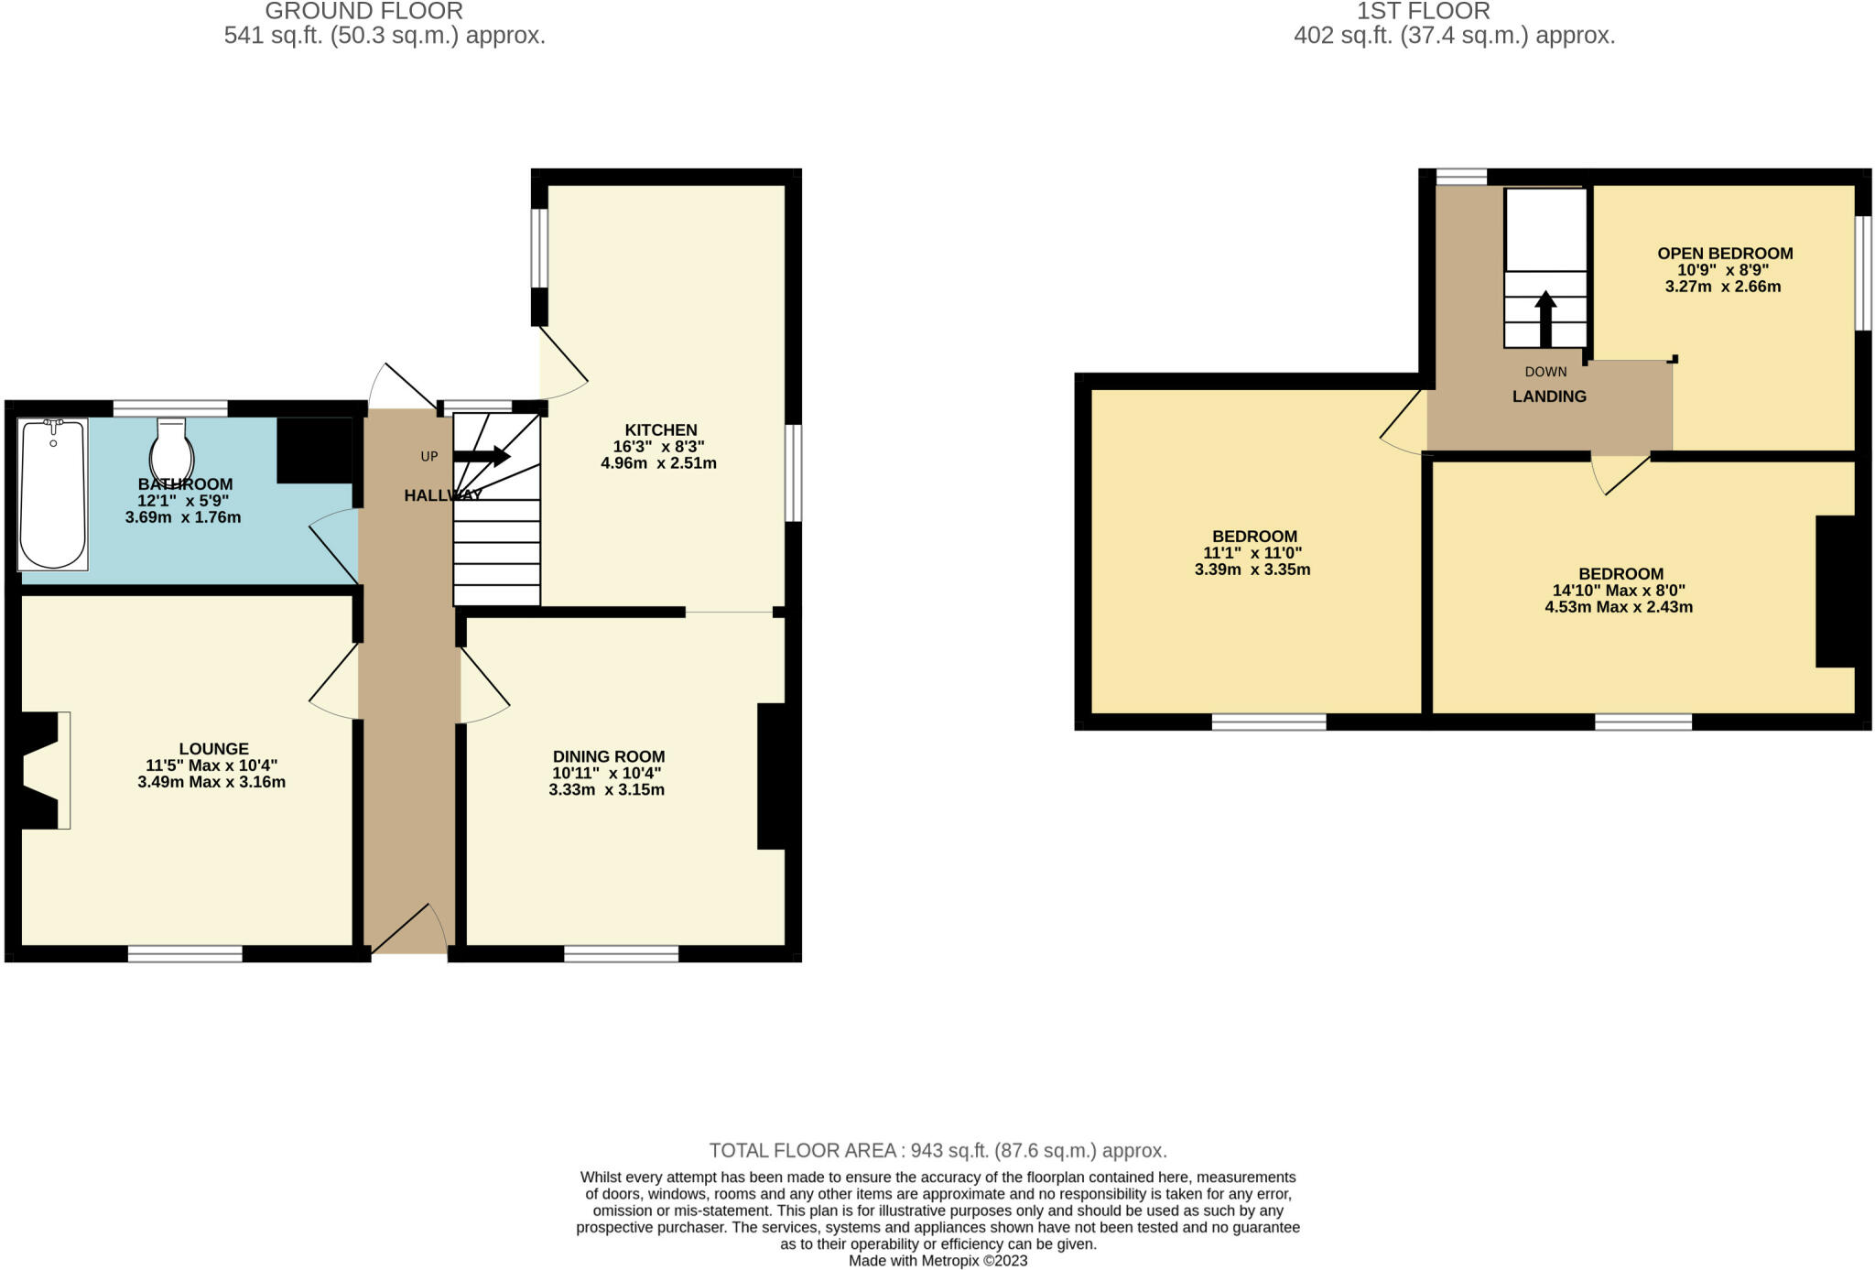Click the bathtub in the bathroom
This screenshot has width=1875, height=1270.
tap(53, 494)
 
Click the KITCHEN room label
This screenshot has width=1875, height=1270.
tap(661, 429)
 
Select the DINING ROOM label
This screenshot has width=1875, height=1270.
tap(609, 756)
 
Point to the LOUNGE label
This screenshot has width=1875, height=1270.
tap(213, 748)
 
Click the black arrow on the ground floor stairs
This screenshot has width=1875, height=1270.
tap(482, 455)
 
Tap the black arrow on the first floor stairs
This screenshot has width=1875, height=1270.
tap(1545, 319)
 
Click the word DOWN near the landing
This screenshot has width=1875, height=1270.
tap(1545, 372)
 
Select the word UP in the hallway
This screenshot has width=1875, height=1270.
tap(428, 456)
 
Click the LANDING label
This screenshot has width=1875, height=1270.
tap(1549, 396)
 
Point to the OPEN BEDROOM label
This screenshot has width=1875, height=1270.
tap(1725, 253)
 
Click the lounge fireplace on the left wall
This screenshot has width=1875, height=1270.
tap(40, 770)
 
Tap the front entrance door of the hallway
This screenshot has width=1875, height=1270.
tap(408, 930)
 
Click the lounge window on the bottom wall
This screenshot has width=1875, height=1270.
tap(185, 954)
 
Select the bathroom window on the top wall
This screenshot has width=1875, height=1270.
tap(170, 408)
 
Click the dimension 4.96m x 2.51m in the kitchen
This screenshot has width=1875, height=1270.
tap(658, 463)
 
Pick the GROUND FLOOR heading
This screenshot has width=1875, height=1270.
tap(363, 11)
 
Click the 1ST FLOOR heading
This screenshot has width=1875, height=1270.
tap(1424, 11)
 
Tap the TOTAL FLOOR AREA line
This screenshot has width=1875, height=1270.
tap(938, 1150)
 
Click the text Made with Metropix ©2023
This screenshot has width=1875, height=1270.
tap(938, 1261)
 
